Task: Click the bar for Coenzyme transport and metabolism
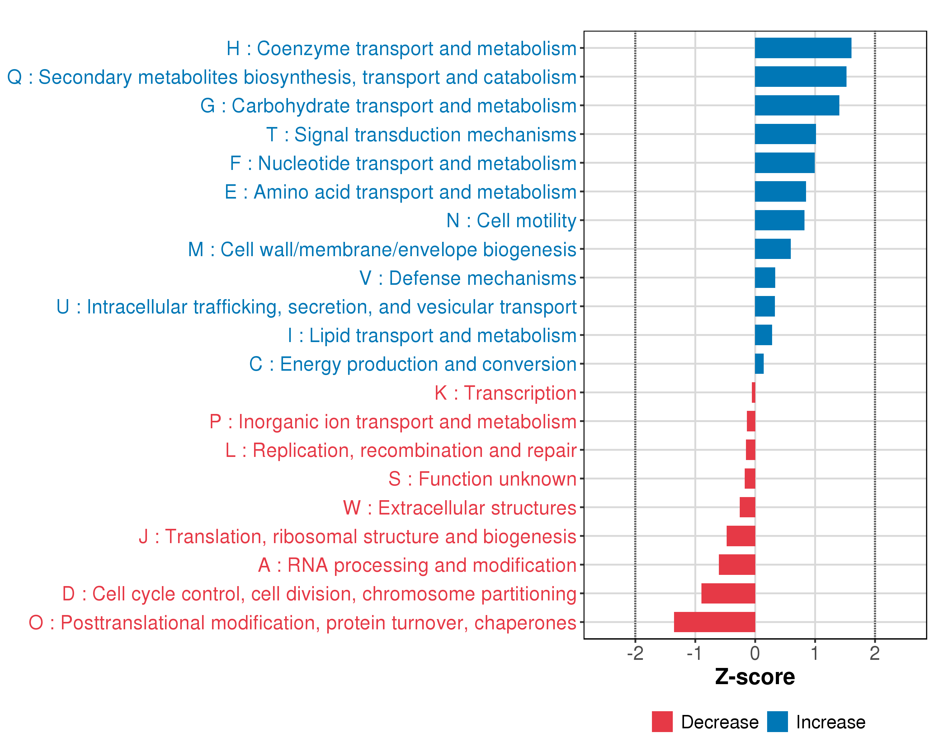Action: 803,48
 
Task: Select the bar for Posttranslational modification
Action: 715,622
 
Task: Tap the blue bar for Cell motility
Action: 779,220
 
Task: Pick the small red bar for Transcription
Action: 753,392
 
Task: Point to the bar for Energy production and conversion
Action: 759,364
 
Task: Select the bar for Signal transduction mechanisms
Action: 785,134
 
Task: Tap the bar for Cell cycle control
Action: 728,593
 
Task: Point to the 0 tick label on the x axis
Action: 755,653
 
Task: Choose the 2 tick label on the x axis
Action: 874,653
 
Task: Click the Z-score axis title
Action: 755,677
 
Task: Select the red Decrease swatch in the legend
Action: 662,721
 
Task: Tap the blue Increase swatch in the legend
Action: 777,721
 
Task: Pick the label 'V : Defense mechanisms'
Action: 468,278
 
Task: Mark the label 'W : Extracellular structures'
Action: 460,508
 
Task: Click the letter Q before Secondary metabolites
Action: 15,77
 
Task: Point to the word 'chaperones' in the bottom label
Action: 525,623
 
